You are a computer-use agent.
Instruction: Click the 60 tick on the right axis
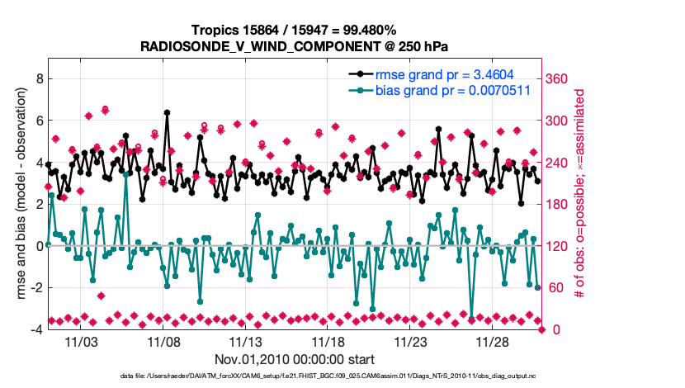[x=554, y=287]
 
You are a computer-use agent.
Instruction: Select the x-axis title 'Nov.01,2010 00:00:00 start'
[x=295, y=359]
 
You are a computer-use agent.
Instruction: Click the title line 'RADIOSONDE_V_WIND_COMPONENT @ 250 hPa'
[x=295, y=46]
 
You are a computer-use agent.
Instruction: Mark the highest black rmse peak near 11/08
[x=167, y=112]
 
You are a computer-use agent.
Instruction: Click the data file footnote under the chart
[x=295, y=376]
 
